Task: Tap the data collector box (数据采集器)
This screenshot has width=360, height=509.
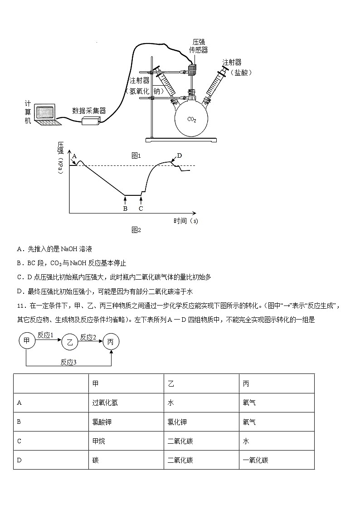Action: [91, 120]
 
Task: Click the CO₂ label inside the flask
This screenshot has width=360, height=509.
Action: [192, 120]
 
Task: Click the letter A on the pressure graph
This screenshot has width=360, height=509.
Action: [74, 155]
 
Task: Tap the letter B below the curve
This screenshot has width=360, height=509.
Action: [125, 208]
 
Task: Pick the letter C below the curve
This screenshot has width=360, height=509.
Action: [141, 208]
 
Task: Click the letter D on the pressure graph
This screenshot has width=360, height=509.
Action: [180, 155]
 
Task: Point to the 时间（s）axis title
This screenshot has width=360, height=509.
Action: [186, 221]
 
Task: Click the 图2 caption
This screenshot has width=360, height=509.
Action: [136, 230]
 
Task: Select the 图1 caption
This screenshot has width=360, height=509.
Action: [136, 155]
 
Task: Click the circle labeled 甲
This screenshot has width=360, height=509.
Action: [27, 340]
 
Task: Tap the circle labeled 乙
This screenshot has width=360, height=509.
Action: [69, 342]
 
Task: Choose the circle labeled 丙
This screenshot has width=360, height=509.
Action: [111, 342]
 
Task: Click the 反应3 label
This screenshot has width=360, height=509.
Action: [68, 362]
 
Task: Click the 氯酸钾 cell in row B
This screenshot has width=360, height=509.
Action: [102, 422]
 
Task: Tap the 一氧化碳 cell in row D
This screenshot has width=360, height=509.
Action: [255, 460]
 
